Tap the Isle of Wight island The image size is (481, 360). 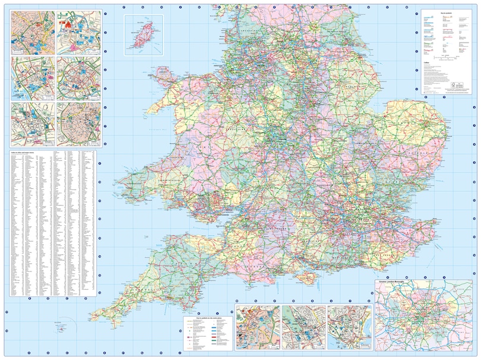coord(309,277)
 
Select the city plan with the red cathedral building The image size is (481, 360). coord(78,30)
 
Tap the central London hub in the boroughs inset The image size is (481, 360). coord(423,318)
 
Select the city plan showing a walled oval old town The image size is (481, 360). coord(78,123)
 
